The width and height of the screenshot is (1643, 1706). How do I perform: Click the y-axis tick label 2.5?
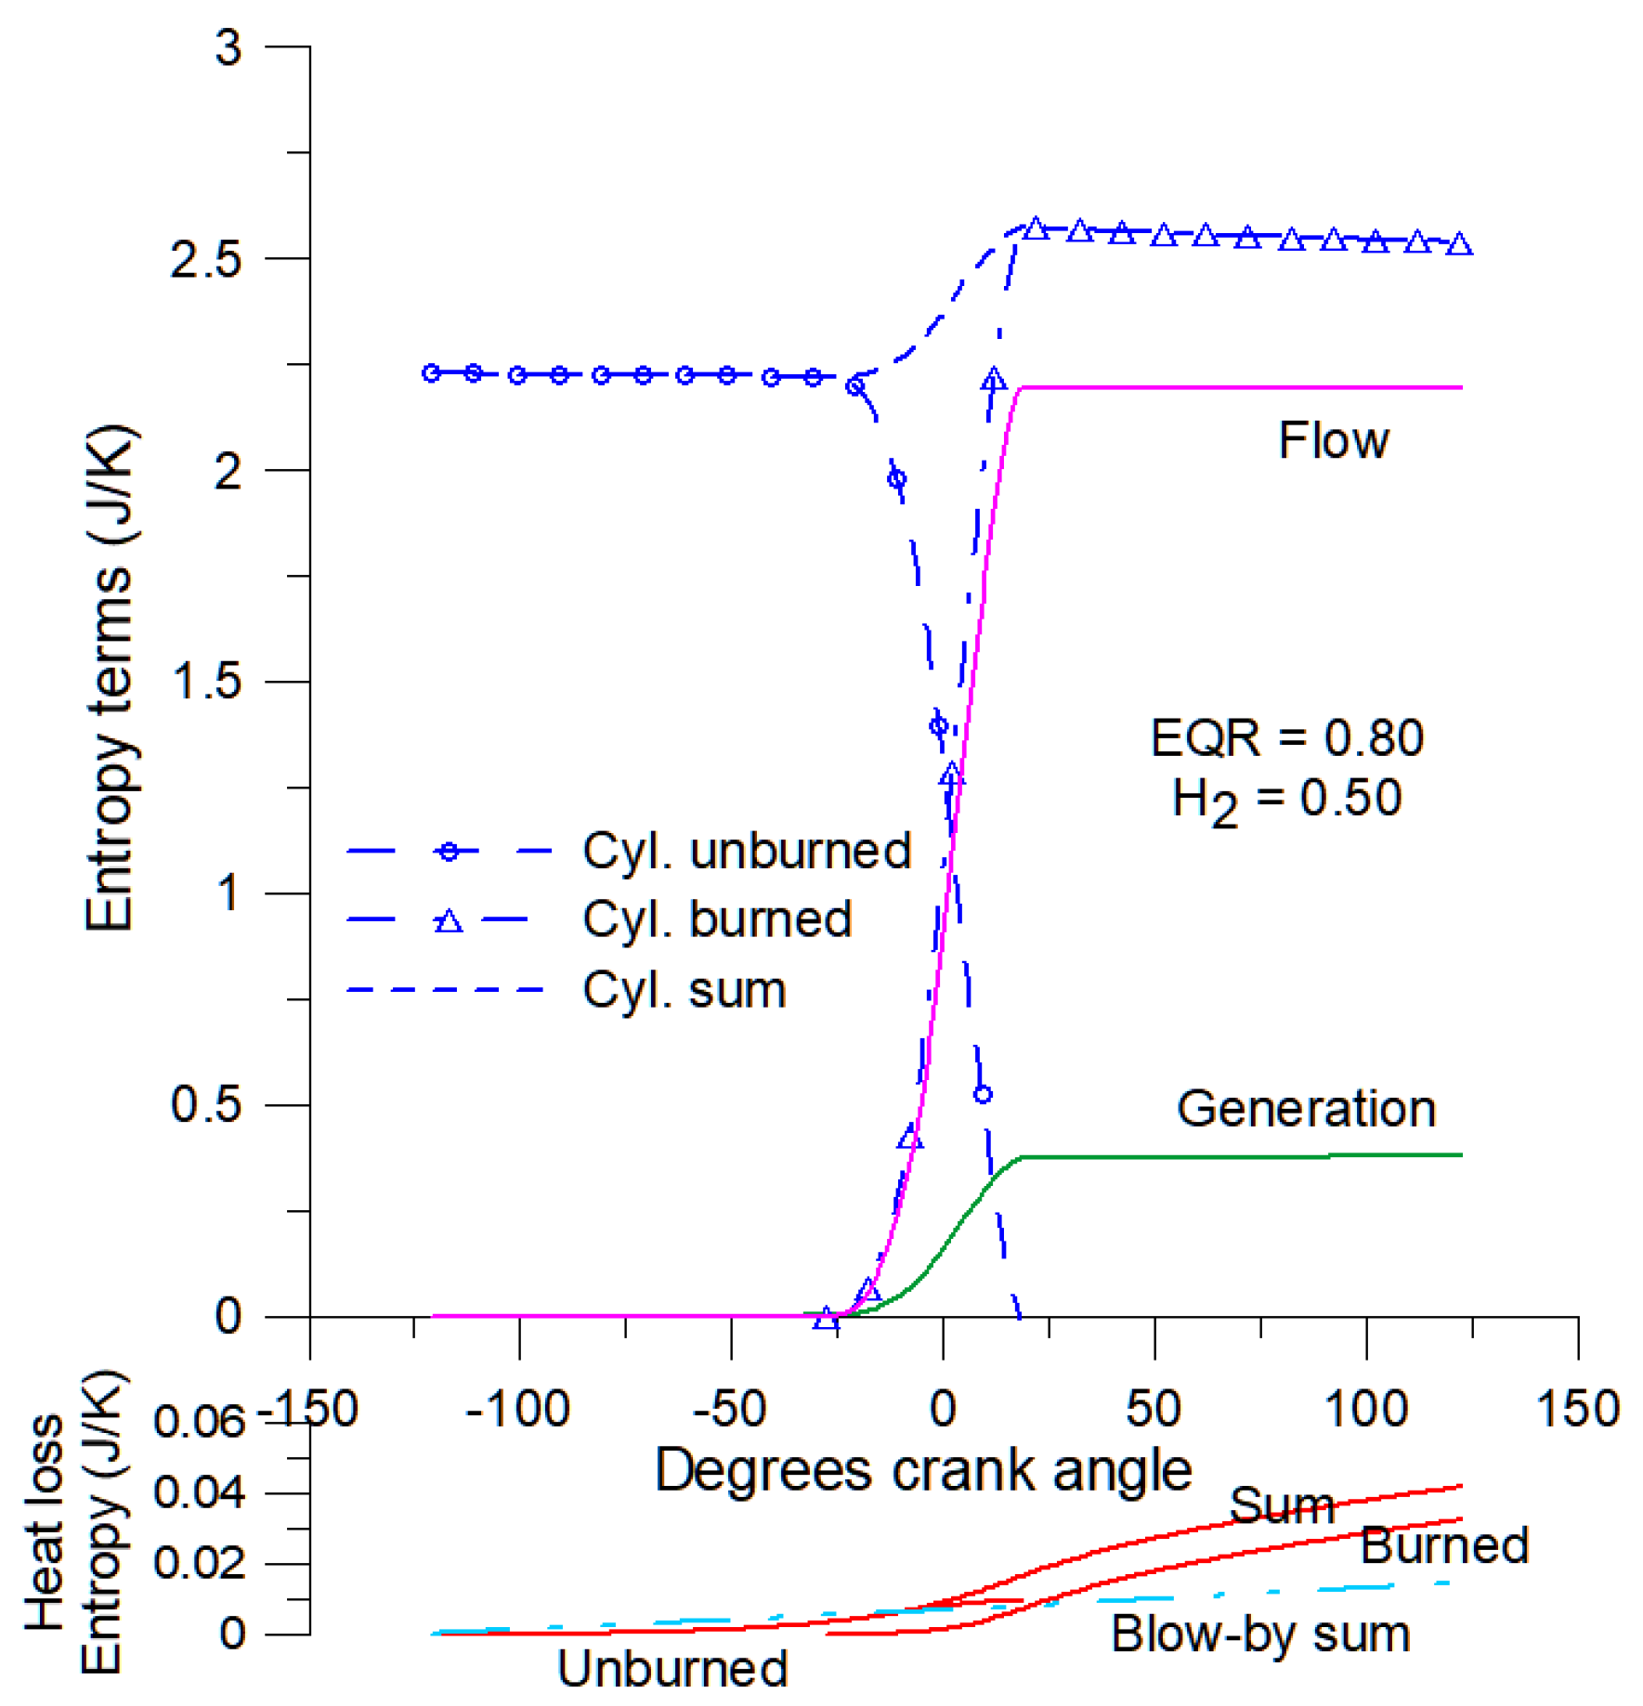point(206,260)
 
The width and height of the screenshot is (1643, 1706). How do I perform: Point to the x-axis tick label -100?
point(517,1411)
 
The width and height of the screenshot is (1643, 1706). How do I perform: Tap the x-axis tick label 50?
point(1154,1411)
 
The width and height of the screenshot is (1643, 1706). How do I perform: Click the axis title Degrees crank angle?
point(923,1471)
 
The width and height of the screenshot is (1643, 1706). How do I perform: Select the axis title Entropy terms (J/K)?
point(110,678)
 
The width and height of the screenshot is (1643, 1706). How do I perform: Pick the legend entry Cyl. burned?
point(717,920)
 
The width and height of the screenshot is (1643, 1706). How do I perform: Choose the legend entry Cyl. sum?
point(685,990)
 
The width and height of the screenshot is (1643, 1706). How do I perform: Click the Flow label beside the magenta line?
point(1333,440)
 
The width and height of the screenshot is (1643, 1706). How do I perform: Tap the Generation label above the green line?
point(1306,1109)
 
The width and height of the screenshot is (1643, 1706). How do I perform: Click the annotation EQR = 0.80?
point(1286,739)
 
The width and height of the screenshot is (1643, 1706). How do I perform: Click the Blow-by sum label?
point(1260,1634)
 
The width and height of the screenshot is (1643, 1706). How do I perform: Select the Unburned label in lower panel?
point(672,1669)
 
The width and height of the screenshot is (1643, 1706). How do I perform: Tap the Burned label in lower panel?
point(1444,1546)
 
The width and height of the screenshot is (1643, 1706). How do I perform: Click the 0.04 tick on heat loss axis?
point(199,1493)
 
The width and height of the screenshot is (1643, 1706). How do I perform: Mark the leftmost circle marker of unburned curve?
point(431,373)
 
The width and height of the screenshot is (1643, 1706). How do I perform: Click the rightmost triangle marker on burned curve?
point(1459,245)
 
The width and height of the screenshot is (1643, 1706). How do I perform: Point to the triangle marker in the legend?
point(449,921)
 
